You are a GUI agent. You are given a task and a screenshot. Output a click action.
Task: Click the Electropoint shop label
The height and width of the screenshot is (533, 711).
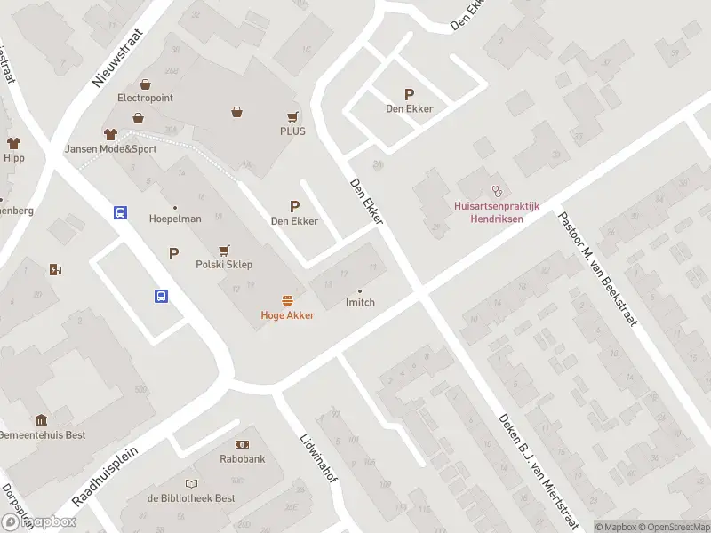145,98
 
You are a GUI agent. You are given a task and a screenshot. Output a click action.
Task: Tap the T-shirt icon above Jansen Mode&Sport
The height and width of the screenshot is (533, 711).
110,134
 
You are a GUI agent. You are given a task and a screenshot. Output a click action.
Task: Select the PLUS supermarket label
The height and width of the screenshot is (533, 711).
292,131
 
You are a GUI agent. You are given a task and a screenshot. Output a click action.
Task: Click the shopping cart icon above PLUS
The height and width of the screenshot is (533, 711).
292,116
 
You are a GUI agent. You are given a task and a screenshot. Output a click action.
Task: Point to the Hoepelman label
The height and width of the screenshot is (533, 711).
175,219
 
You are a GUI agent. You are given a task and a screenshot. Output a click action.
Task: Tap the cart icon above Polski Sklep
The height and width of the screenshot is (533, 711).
224,251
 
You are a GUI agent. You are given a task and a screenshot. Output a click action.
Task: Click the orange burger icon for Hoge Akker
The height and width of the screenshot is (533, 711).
287,300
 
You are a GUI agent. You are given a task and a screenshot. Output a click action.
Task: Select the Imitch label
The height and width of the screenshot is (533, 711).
360,303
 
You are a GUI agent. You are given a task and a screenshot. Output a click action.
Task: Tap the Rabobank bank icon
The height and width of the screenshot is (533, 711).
243,444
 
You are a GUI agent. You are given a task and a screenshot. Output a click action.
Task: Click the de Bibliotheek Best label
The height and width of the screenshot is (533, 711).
191,498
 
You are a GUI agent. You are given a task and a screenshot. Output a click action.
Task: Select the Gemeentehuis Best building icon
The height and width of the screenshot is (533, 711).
42,420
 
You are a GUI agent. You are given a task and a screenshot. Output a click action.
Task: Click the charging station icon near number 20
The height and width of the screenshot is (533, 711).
57,270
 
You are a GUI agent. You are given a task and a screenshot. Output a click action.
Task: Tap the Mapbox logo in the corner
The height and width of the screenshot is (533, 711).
39,522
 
